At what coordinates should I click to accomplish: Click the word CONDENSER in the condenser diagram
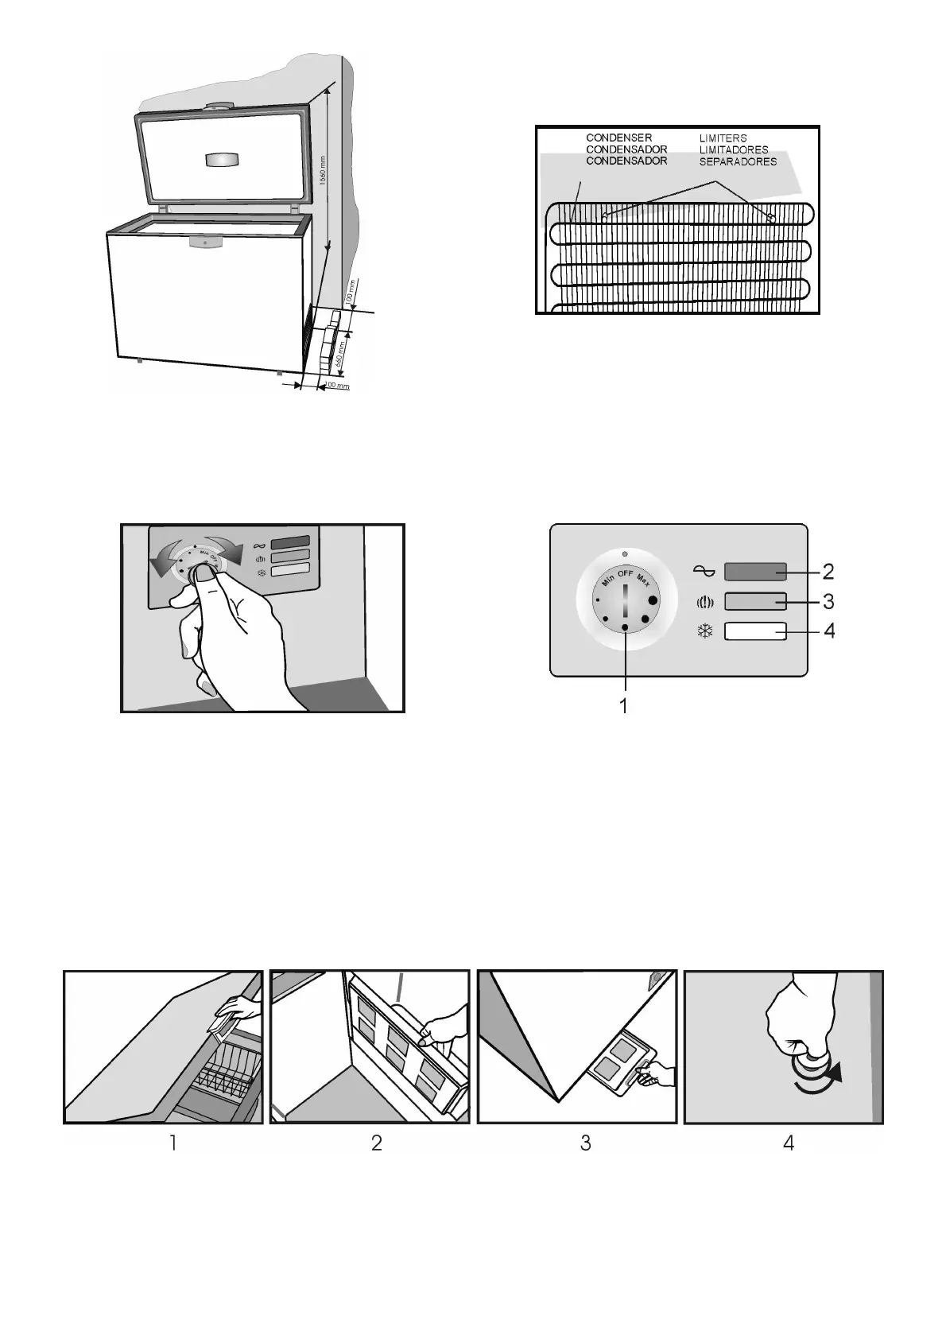tap(618, 138)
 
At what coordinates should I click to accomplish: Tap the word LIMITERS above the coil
tap(723, 138)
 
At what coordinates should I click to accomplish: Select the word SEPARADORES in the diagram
tap(737, 161)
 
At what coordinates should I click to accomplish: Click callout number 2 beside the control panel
tap(828, 571)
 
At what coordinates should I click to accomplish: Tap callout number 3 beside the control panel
tap(828, 600)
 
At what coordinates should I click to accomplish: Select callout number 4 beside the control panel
tap(828, 631)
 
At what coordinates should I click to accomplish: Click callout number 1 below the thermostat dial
tap(625, 704)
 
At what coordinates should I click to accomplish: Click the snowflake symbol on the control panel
tap(705, 632)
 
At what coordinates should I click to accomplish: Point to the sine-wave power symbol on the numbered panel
tap(705, 572)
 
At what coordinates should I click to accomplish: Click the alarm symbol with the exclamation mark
tap(705, 602)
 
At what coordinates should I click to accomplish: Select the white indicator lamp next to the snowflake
tap(755, 631)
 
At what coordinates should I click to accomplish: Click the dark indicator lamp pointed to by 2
tap(755, 572)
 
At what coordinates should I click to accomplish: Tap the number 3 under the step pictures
tap(585, 1143)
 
